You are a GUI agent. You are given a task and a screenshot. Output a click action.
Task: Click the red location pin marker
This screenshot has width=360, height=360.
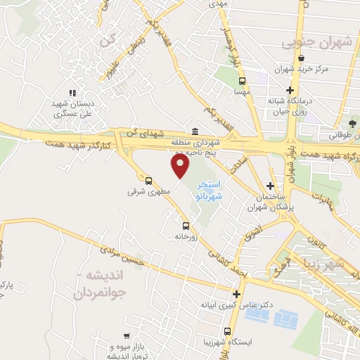pos(181,166)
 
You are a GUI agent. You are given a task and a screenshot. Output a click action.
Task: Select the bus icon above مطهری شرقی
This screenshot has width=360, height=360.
pos(148,180)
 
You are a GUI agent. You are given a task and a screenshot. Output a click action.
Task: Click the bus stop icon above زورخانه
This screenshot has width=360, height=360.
pos(186,226)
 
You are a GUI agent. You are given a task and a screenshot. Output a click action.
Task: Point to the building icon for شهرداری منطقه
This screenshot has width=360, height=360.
pos(195,131)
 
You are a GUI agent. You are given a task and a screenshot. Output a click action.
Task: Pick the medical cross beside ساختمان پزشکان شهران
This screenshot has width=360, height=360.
pos(270,187)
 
